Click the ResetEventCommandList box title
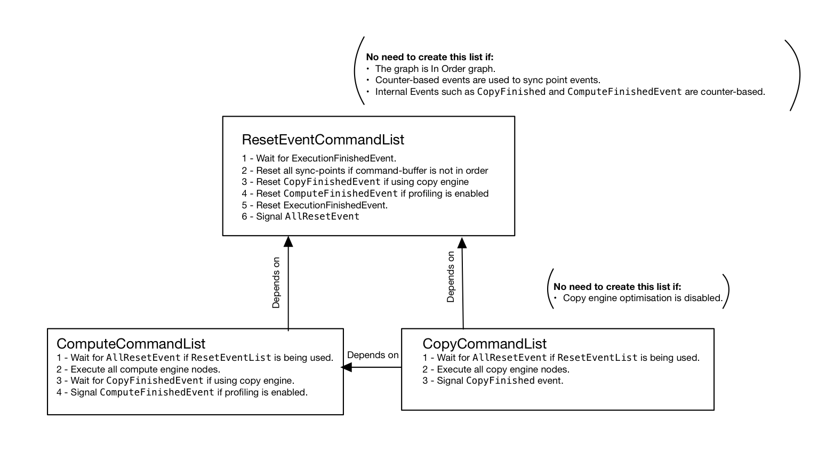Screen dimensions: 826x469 (x=323, y=140)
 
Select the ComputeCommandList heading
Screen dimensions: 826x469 (x=131, y=344)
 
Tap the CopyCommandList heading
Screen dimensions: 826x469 (x=484, y=344)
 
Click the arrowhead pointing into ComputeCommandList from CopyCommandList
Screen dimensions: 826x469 (x=346, y=367)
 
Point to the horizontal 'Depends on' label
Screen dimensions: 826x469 (x=373, y=355)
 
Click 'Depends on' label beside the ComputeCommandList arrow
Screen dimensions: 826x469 (x=276, y=282)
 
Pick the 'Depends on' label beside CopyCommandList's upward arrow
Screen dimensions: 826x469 (x=451, y=277)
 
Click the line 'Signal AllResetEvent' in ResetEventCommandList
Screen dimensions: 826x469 (x=301, y=216)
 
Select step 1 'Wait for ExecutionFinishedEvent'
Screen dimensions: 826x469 (x=319, y=158)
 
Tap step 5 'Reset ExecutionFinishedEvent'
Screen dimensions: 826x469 (x=315, y=205)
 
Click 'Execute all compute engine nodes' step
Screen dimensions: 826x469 (x=138, y=369)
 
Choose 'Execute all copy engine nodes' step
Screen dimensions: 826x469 (x=496, y=369)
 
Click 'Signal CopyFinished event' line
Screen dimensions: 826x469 (x=493, y=381)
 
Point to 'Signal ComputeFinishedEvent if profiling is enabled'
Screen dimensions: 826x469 (x=182, y=392)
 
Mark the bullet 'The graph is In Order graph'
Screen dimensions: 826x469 (x=431, y=69)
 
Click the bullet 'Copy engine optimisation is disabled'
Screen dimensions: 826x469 (x=638, y=298)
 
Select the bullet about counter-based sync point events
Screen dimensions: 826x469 (x=484, y=80)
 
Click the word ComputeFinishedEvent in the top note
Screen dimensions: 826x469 (x=624, y=92)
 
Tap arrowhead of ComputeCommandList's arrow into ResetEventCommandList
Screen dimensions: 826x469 (x=288, y=241)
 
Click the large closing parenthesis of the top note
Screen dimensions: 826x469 (x=799, y=76)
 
